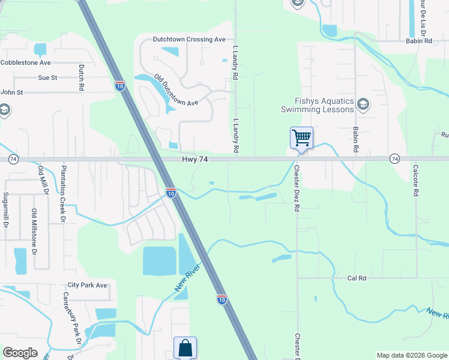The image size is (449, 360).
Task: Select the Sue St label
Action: point(47,77)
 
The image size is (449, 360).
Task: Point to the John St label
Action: point(11,92)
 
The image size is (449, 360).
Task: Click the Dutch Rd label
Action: point(82,78)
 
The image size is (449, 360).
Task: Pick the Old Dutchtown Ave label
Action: point(176,91)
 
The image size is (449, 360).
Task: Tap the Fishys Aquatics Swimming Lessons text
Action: point(318,106)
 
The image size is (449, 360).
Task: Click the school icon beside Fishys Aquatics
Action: point(363,105)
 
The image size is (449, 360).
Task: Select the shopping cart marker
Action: point(301,137)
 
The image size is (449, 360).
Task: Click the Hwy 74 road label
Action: point(195,159)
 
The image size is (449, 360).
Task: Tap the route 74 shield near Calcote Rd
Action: point(394,158)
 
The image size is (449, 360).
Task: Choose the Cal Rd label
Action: point(357,278)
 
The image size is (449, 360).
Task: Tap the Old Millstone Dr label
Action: point(34,230)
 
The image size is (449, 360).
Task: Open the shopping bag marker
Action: point(185,347)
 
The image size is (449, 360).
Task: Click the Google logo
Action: point(20,353)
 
